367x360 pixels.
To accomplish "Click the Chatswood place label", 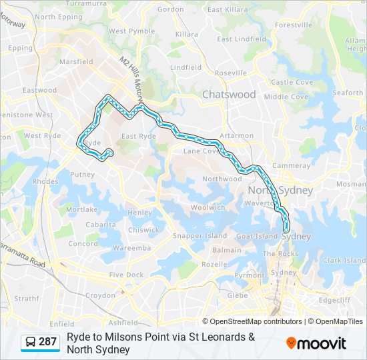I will pyautogui.click(x=229, y=95).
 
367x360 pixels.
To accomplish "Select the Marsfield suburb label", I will pyautogui.click(x=76, y=62).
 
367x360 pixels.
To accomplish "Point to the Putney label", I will pyautogui.click(x=82, y=175).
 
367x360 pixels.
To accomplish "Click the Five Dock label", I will pyautogui.click(x=126, y=275).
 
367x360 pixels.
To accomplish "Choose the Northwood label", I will pyautogui.click(x=222, y=179).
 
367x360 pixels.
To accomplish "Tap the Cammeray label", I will pyautogui.click(x=291, y=165).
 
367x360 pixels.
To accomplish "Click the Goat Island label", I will pyautogui.click(x=257, y=236).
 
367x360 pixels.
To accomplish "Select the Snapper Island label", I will pyautogui.click(x=191, y=236).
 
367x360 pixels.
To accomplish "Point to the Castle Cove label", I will pyautogui.click(x=292, y=82).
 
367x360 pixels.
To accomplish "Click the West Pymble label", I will pyautogui.click(x=131, y=31).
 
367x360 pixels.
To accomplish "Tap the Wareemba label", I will pyautogui.click(x=131, y=248).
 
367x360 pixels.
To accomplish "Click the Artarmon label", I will pyautogui.click(x=236, y=136).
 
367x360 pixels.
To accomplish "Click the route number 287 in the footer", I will pyautogui.click(x=47, y=342).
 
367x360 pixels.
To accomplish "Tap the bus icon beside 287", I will pyautogui.click(x=31, y=342).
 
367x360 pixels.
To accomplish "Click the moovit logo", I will pyautogui.click(x=316, y=343).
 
